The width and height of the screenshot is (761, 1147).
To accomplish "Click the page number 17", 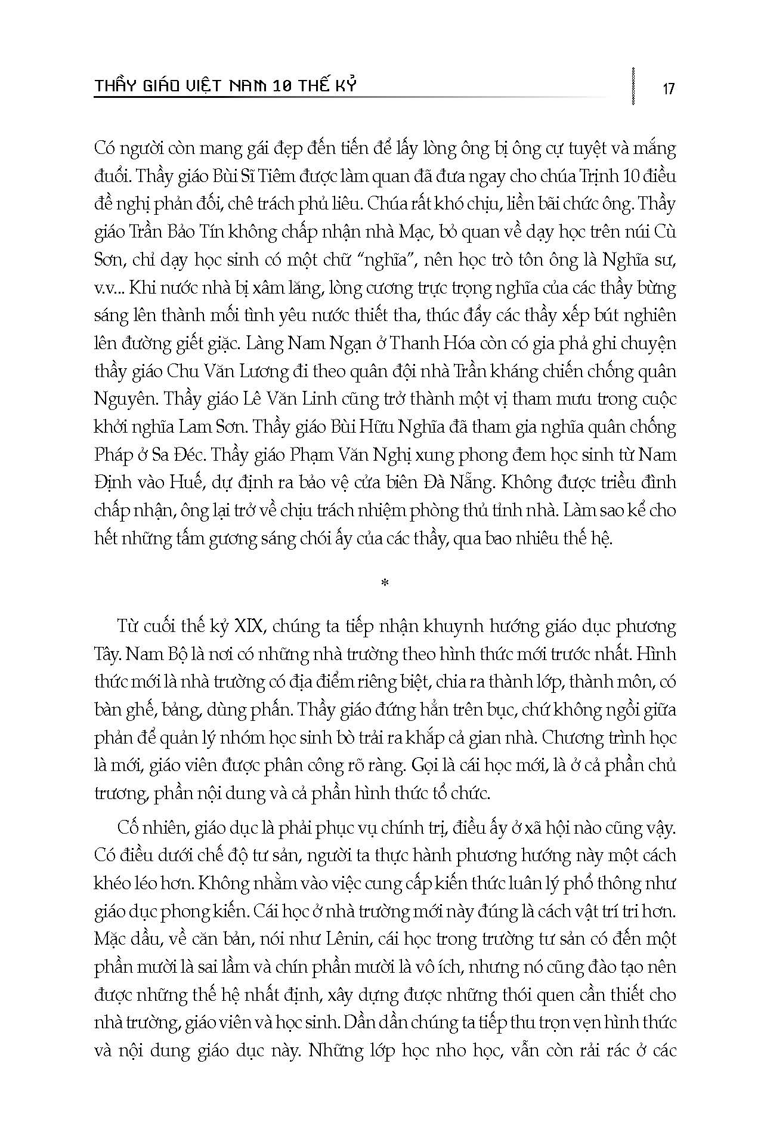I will tap(668, 89).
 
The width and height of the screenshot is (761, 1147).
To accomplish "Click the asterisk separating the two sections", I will tap(385, 583).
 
